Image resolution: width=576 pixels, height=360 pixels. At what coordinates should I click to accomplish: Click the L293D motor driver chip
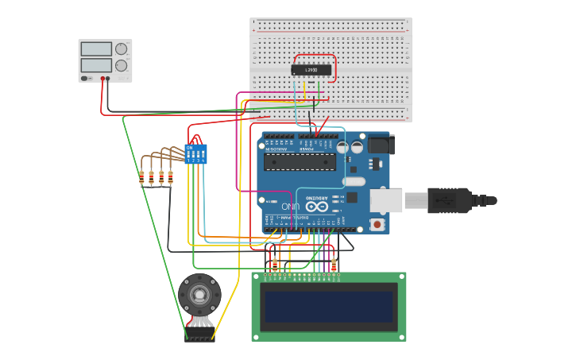311,70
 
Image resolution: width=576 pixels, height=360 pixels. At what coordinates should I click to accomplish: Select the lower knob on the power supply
121,65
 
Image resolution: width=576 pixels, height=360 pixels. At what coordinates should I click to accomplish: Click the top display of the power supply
96,48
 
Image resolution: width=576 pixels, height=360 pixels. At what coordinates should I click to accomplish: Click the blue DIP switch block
195,153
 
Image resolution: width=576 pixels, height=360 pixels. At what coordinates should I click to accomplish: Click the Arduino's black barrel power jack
380,144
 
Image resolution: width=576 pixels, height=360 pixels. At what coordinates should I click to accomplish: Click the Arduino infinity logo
315,207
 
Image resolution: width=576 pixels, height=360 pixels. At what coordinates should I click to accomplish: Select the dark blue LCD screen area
329,306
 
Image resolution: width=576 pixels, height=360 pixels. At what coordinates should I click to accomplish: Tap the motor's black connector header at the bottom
199,339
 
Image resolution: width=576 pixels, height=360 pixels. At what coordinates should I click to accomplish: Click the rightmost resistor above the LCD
334,264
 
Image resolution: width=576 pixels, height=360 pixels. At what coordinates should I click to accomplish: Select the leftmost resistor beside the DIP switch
142,178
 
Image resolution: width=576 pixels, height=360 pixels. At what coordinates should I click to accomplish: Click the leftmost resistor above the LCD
275,264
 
